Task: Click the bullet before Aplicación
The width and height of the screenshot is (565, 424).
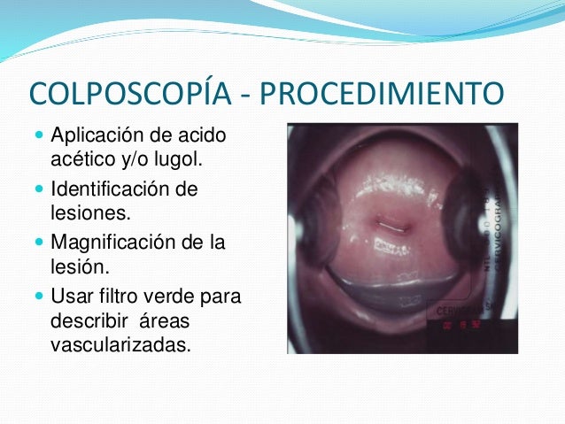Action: (x=35, y=137)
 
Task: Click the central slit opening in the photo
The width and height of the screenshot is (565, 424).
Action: (x=391, y=223)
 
